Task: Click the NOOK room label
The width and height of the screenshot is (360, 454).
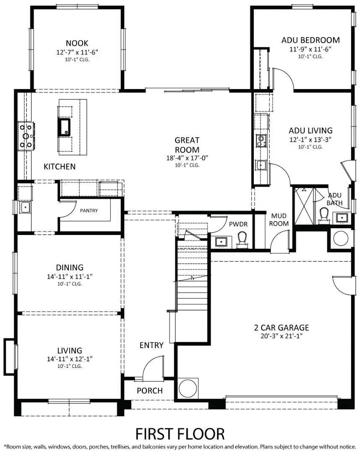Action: [x=77, y=43]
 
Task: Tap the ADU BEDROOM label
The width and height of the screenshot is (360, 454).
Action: [x=310, y=40]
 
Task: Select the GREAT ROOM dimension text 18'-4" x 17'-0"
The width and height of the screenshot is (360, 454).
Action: [x=187, y=158]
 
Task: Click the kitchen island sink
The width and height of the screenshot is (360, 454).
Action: [x=65, y=127]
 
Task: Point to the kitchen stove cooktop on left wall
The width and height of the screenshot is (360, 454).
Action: [x=26, y=136]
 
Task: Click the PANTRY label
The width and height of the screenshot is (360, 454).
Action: [x=89, y=210]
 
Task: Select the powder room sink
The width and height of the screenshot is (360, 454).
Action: [x=220, y=242]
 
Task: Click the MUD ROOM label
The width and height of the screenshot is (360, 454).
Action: [x=279, y=220]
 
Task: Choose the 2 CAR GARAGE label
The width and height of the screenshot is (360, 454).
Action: [x=281, y=327]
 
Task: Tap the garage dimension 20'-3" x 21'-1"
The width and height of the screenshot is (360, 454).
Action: [x=281, y=336]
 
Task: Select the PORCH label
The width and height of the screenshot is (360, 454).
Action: [x=149, y=391]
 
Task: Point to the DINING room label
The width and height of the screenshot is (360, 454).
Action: [x=70, y=267]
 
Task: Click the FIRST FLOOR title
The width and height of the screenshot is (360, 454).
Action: [x=180, y=433]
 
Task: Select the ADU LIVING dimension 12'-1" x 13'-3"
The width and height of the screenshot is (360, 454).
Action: [x=310, y=139]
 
